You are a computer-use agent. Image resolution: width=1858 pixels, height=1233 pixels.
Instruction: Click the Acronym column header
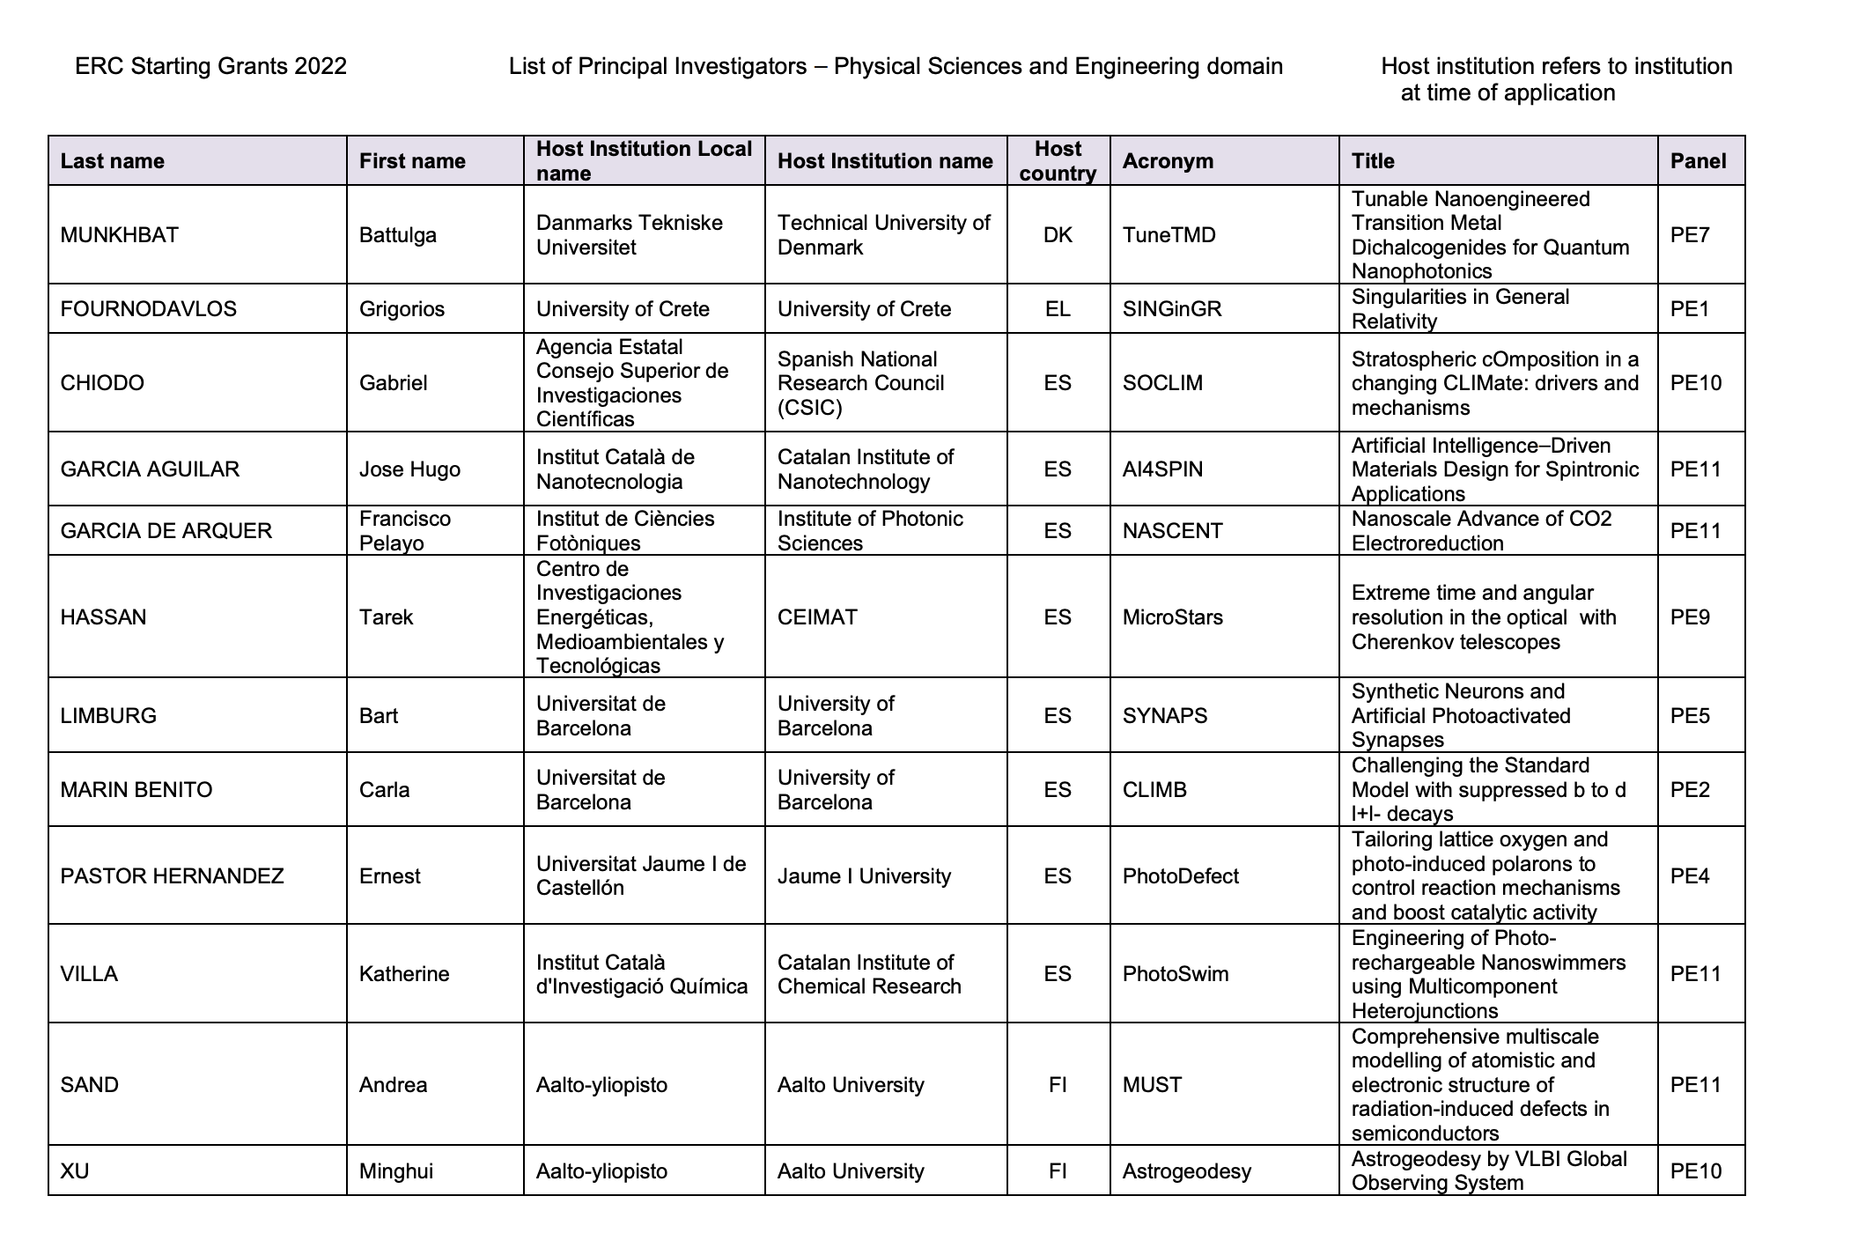pyautogui.click(x=1168, y=161)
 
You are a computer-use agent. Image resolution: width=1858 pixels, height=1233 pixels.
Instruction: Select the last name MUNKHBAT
pyautogui.click(x=119, y=235)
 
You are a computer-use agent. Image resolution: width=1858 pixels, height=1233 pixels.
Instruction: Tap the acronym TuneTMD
pyautogui.click(x=1169, y=235)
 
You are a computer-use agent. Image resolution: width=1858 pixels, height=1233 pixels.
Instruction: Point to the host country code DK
pyautogui.click(x=1058, y=235)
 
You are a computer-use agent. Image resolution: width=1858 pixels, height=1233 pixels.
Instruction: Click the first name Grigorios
pyautogui.click(x=402, y=309)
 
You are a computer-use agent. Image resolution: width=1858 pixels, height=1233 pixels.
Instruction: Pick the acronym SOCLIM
pyautogui.click(x=1162, y=383)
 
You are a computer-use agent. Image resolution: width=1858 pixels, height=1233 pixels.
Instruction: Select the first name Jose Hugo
pyautogui.click(x=409, y=469)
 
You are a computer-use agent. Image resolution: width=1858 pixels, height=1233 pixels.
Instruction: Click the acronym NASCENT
pyautogui.click(x=1172, y=531)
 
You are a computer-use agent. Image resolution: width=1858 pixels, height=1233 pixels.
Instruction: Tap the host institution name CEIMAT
pyautogui.click(x=816, y=617)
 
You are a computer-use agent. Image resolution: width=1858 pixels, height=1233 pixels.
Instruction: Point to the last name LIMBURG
pyautogui.click(x=108, y=716)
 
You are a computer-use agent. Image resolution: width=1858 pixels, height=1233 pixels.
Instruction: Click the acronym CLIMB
pyautogui.click(x=1154, y=790)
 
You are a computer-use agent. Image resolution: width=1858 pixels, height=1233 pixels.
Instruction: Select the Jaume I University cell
pyautogui.click(x=864, y=876)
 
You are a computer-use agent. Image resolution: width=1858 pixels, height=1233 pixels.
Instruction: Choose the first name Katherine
pyautogui.click(x=404, y=974)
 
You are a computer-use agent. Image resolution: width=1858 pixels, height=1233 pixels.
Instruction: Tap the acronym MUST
pyautogui.click(x=1152, y=1085)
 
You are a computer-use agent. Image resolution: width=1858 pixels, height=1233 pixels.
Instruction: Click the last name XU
pyautogui.click(x=75, y=1171)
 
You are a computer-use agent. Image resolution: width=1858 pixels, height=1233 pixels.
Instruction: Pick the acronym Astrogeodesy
pyautogui.click(x=1186, y=1171)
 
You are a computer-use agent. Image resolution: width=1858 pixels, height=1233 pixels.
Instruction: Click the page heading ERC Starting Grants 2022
pyautogui.click(x=210, y=67)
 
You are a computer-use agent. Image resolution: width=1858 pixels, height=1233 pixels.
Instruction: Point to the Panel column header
pyautogui.click(x=1698, y=161)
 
